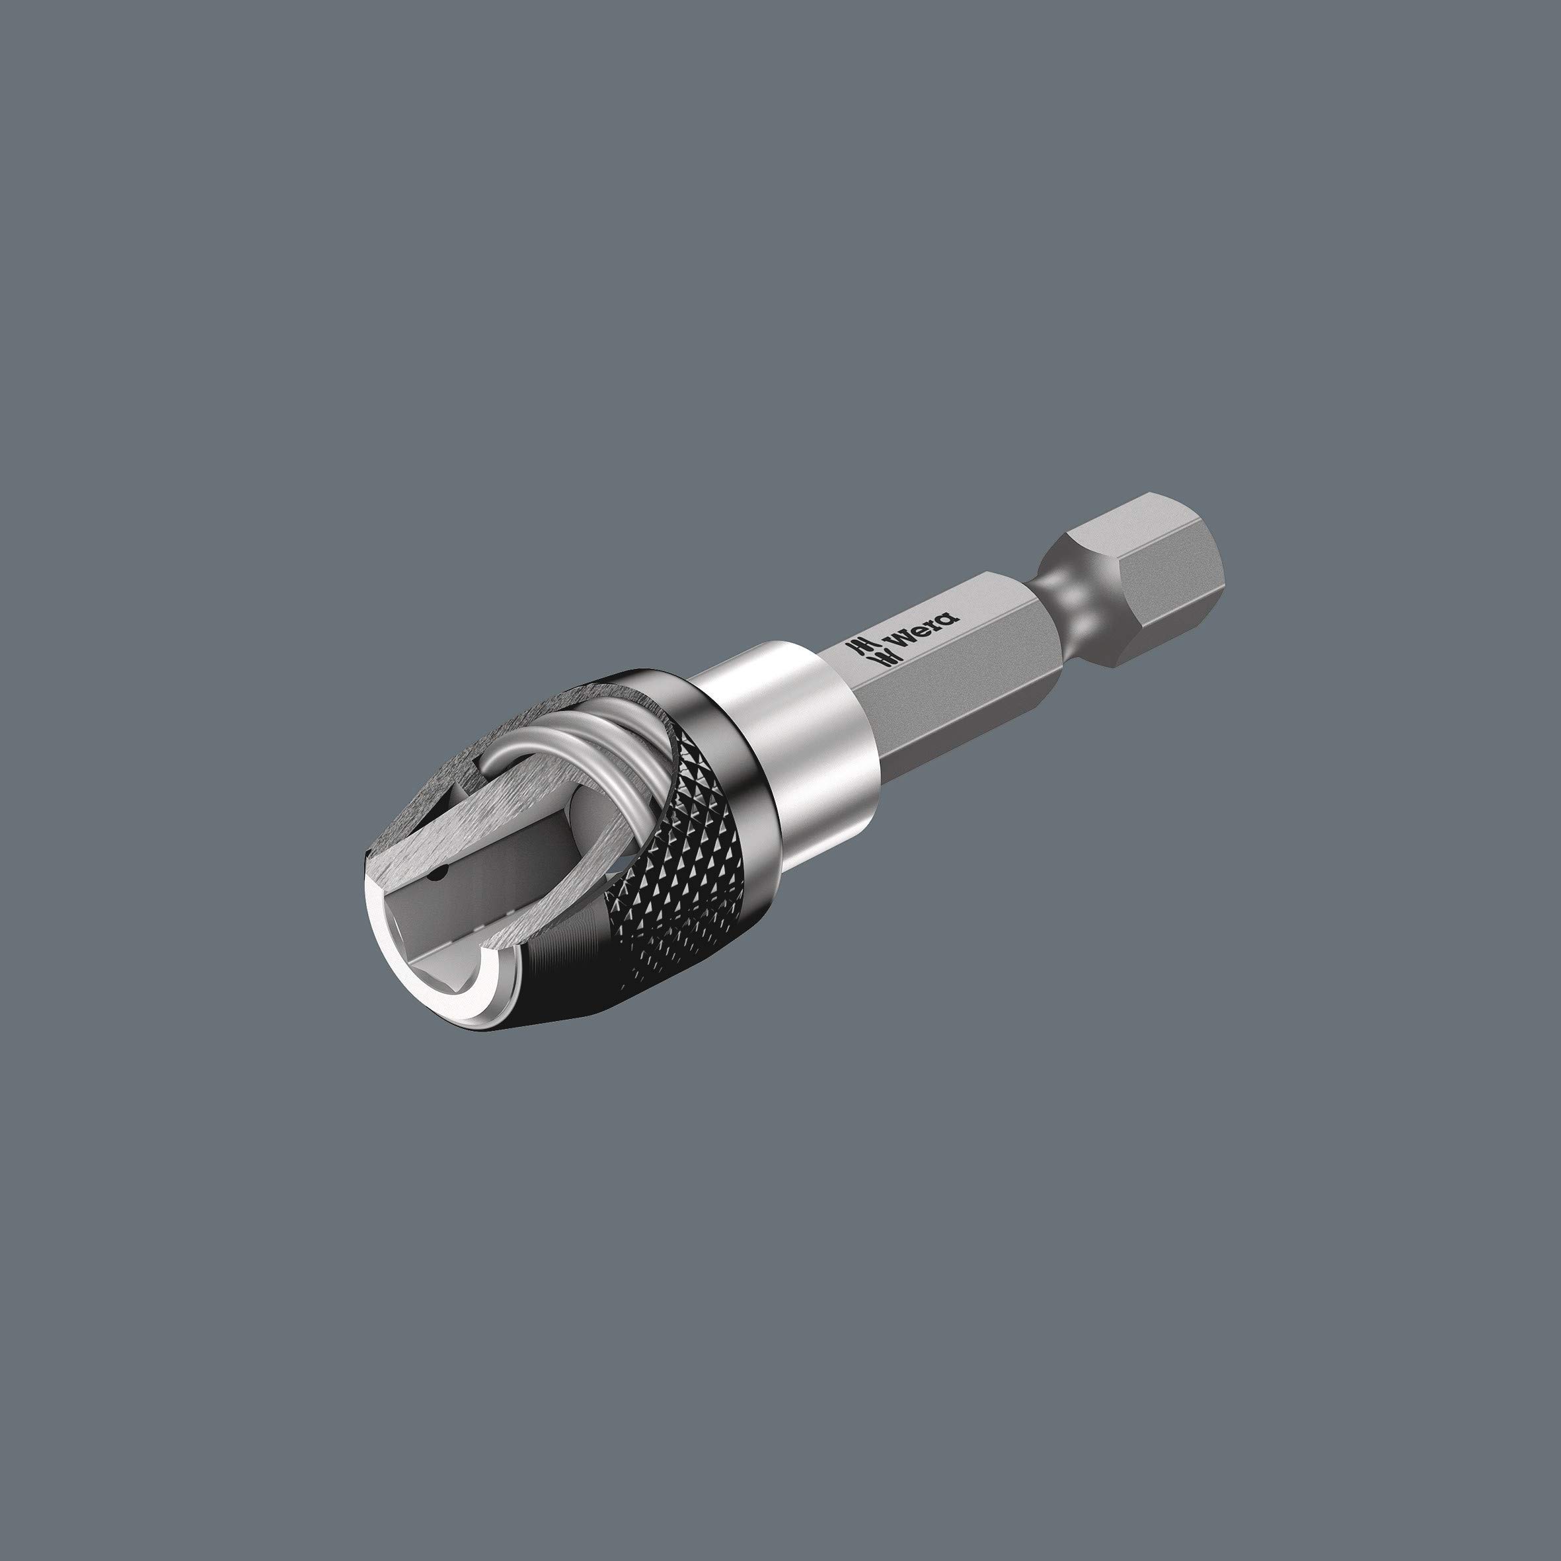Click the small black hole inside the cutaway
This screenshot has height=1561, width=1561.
(x=439, y=874)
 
